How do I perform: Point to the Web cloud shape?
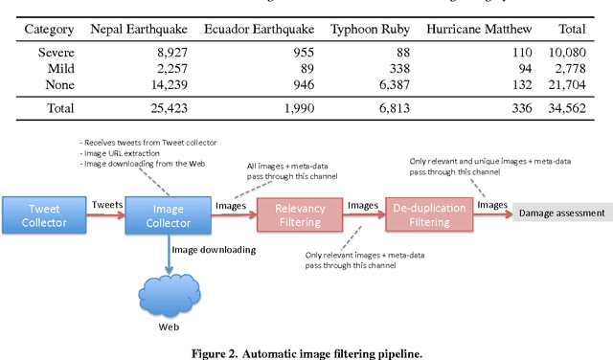tap(169, 292)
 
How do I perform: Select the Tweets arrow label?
tap(106, 204)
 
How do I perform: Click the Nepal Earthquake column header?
tap(139, 30)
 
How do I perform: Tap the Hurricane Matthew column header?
tap(477, 30)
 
